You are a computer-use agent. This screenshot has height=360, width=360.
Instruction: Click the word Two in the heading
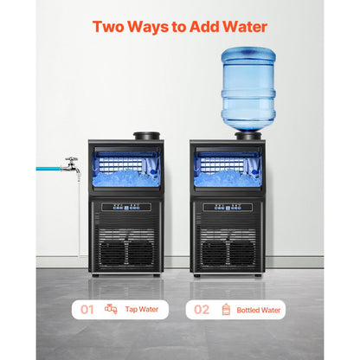[108, 27]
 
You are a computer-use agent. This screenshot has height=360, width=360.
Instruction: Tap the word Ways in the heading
[148, 28]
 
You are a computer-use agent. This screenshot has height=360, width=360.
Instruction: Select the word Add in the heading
[204, 27]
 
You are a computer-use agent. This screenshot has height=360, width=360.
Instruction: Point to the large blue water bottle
[248, 89]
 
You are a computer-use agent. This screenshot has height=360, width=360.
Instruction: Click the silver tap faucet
[71, 165]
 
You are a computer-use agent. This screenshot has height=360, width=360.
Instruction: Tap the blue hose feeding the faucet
[48, 169]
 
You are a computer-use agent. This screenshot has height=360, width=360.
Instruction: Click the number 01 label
[87, 310]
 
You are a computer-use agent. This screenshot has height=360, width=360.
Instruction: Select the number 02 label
[202, 310]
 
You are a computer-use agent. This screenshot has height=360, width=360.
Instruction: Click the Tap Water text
[142, 310]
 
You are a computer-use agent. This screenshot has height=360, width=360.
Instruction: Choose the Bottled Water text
[259, 310]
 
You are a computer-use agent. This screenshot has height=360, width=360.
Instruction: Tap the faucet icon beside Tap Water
[111, 309]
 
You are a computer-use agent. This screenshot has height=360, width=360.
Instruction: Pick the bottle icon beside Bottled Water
[226, 310]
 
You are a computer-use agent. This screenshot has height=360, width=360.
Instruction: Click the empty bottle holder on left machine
[146, 136]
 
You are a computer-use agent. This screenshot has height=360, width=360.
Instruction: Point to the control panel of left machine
[126, 207]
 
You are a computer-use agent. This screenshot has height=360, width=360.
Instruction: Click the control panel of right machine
[228, 207]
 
